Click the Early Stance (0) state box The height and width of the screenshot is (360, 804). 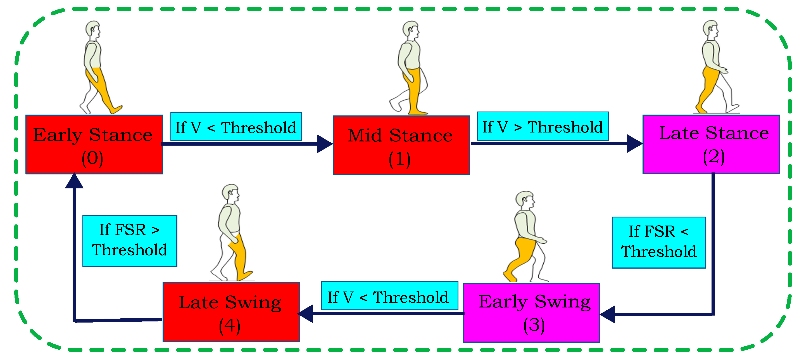point(94,145)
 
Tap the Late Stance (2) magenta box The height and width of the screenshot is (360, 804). point(711,144)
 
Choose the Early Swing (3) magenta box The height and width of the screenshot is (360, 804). point(531,312)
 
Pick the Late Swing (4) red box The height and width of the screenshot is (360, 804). point(231,312)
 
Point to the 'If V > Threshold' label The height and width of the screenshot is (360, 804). point(543,126)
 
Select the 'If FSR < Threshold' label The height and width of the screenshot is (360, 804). point(658,242)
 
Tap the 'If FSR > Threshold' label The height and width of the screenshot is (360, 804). point(130,240)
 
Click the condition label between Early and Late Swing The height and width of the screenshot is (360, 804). point(389,296)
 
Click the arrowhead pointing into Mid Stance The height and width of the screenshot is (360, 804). point(325,144)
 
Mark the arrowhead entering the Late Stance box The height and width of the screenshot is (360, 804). point(634,144)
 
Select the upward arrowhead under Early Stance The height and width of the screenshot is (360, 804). point(74,181)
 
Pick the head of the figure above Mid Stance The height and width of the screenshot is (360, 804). point(410,29)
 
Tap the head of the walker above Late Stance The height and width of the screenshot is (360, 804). point(711,28)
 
